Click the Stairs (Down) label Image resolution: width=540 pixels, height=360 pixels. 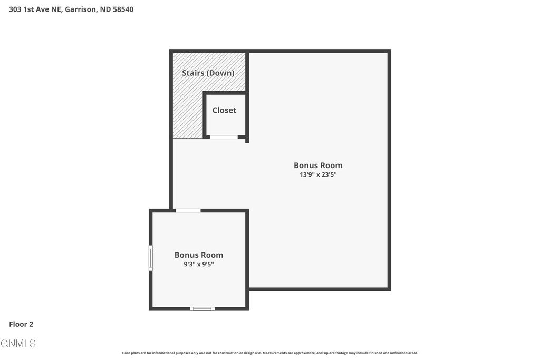click(x=208, y=73)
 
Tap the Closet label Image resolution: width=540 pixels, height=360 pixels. click(x=224, y=110)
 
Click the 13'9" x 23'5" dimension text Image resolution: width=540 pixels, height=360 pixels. click(x=318, y=174)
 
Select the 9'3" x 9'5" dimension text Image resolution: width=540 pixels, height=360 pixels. click(x=199, y=264)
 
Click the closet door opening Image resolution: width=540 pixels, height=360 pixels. click(x=224, y=137)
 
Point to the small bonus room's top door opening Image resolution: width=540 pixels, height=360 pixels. click(x=188, y=211)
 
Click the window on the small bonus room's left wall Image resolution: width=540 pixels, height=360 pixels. click(x=151, y=258)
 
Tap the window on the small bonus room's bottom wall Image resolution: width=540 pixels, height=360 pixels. click(x=202, y=308)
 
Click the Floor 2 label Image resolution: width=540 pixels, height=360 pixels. click(x=21, y=324)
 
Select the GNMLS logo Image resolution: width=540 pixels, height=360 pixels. click(x=18, y=343)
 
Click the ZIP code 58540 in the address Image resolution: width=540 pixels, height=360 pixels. click(x=123, y=9)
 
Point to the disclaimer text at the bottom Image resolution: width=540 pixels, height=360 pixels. click(x=269, y=353)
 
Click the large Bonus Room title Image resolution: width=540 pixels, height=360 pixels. click(x=318, y=165)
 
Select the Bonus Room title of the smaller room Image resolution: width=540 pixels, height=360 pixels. click(x=199, y=255)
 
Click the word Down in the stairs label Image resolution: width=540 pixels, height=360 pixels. click(x=220, y=73)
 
